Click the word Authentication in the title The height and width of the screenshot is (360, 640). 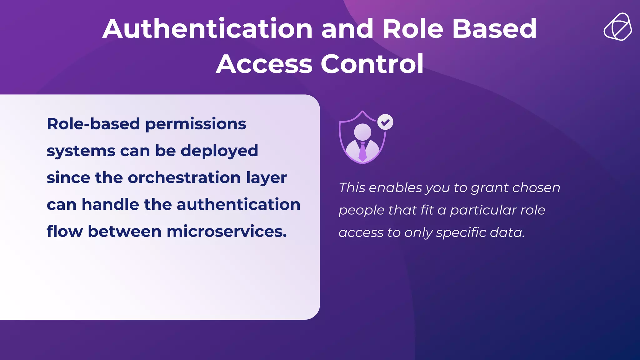[207, 29]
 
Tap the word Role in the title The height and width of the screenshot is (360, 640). [413, 29]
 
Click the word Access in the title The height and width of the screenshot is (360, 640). [264, 64]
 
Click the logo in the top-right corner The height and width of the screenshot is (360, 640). [617, 27]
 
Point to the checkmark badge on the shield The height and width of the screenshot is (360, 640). [385, 122]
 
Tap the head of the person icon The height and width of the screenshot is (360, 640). [362, 132]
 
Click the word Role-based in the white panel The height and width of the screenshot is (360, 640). [93, 124]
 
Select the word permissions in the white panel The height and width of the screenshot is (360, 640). [196, 124]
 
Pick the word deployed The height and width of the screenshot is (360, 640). [219, 151]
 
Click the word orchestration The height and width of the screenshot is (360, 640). [184, 177]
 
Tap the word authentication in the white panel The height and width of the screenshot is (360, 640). [238, 204]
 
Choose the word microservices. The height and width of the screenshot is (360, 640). [227, 231]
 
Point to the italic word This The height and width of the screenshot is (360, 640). [352, 187]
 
